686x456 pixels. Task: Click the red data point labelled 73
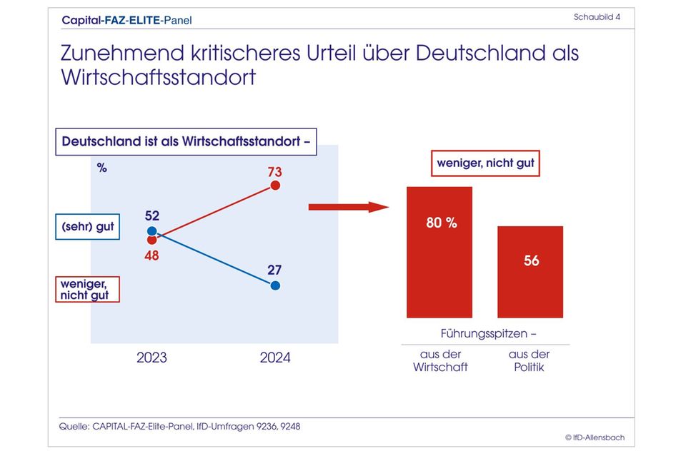tap(275, 186)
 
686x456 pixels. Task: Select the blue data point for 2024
tap(275, 285)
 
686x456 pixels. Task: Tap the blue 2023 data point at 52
tap(151, 230)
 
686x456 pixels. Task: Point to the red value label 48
tap(151, 255)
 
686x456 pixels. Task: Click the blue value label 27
tap(274, 270)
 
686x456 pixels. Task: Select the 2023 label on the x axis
tap(151, 358)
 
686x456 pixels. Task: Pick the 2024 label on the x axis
tap(275, 358)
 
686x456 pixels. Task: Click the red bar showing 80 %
tap(439, 252)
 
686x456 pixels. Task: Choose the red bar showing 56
tap(530, 272)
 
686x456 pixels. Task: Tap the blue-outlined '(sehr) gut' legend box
tap(86, 228)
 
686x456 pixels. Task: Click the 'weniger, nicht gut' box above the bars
tap(485, 163)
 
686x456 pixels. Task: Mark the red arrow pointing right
tap(348, 207)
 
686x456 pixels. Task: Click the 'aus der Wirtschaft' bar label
tap(440, 360)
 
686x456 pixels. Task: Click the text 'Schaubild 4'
tap(596, 17)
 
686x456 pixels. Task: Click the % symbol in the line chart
tap(101, 168)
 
